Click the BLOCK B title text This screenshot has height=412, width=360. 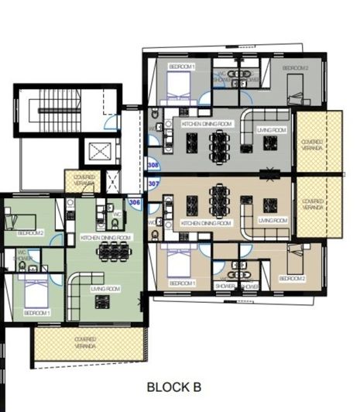point(173,386)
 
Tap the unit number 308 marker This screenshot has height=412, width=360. point(153,165)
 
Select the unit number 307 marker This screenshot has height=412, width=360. point(153,184)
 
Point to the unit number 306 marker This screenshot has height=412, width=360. point(135,202)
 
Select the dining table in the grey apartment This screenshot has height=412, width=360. point(220,142)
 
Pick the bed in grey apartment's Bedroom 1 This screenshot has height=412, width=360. point(181,80)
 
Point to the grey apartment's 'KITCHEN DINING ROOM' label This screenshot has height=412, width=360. point(207,124)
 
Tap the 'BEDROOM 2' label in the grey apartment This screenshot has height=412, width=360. point(295,69)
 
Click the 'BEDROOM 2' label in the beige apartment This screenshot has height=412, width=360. point(292,277)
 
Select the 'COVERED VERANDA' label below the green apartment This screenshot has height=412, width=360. point(85,342)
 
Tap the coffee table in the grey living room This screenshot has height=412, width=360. point(271,142)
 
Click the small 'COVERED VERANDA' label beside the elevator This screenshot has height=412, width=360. point(84,180)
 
